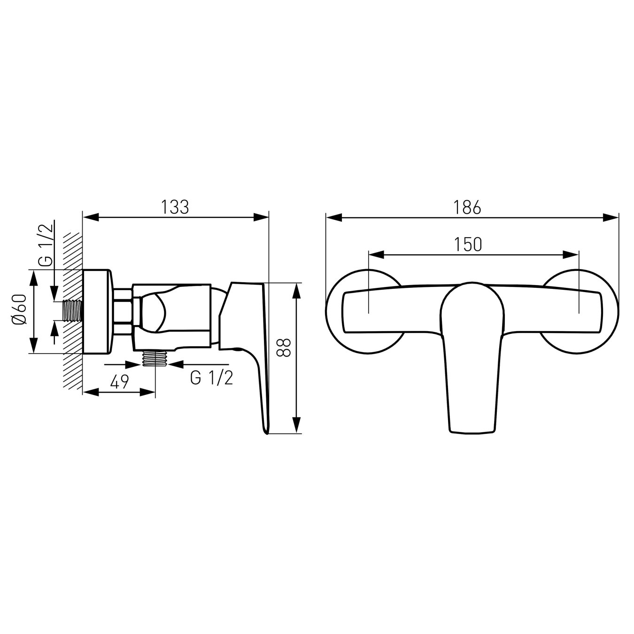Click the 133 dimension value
pos(175,207)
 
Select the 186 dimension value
pos(468,207)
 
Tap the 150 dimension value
pos(468,244)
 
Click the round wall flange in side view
pos(97,311)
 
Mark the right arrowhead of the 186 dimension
pos(611,217)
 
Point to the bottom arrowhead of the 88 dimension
pos(296,425)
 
